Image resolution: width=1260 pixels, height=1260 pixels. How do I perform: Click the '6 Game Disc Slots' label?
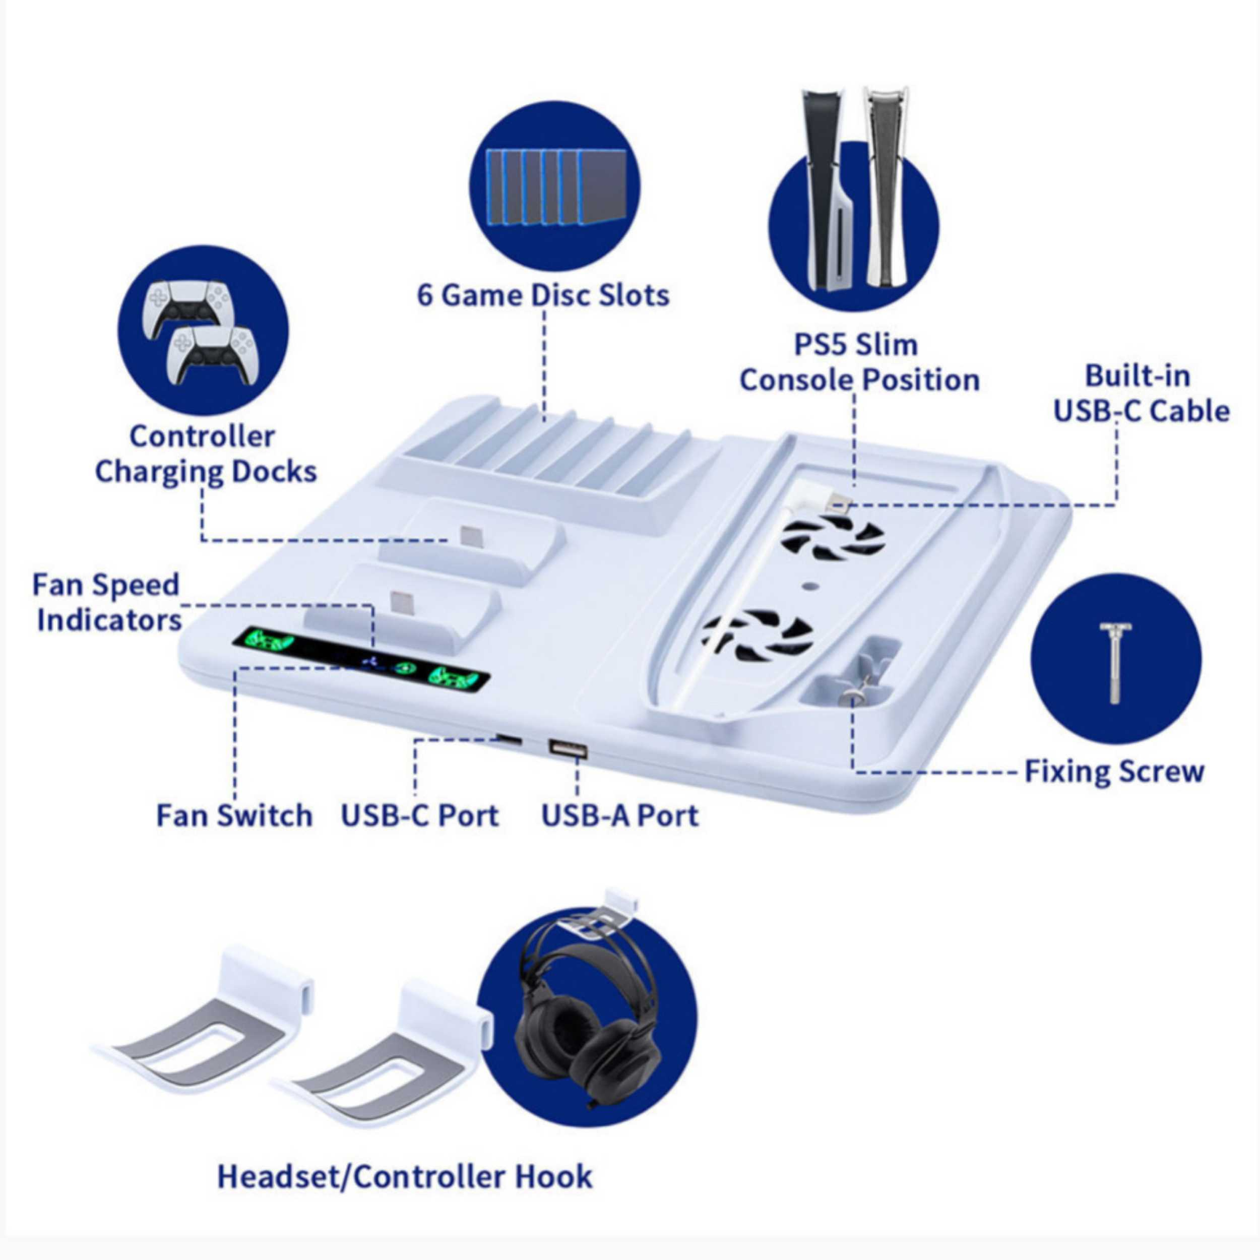pos(543,295)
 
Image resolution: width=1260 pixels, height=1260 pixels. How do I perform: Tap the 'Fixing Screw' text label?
pos(1114,771)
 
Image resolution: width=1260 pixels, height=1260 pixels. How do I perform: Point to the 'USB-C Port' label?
pos(420,815)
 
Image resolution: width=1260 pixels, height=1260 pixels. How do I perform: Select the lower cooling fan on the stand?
pos(757,632)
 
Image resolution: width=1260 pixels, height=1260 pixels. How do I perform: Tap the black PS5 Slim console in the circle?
pos(822,189)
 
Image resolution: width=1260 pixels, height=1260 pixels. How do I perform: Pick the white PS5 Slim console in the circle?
pos(887,189)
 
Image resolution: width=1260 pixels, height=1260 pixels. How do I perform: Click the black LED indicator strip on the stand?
pos(366,661)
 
